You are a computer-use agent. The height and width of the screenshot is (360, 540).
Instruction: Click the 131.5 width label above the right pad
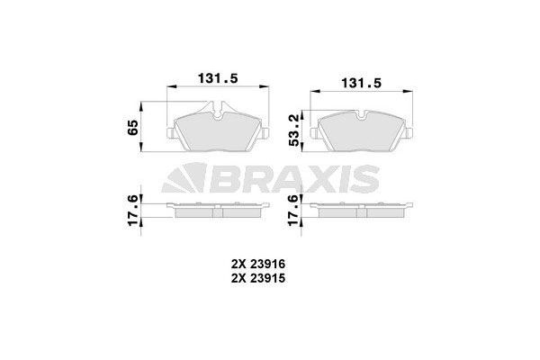pyautogui.click(x=357, y=83)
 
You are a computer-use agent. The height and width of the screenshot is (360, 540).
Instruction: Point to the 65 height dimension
pyautogui.click(x=131, y=126)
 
